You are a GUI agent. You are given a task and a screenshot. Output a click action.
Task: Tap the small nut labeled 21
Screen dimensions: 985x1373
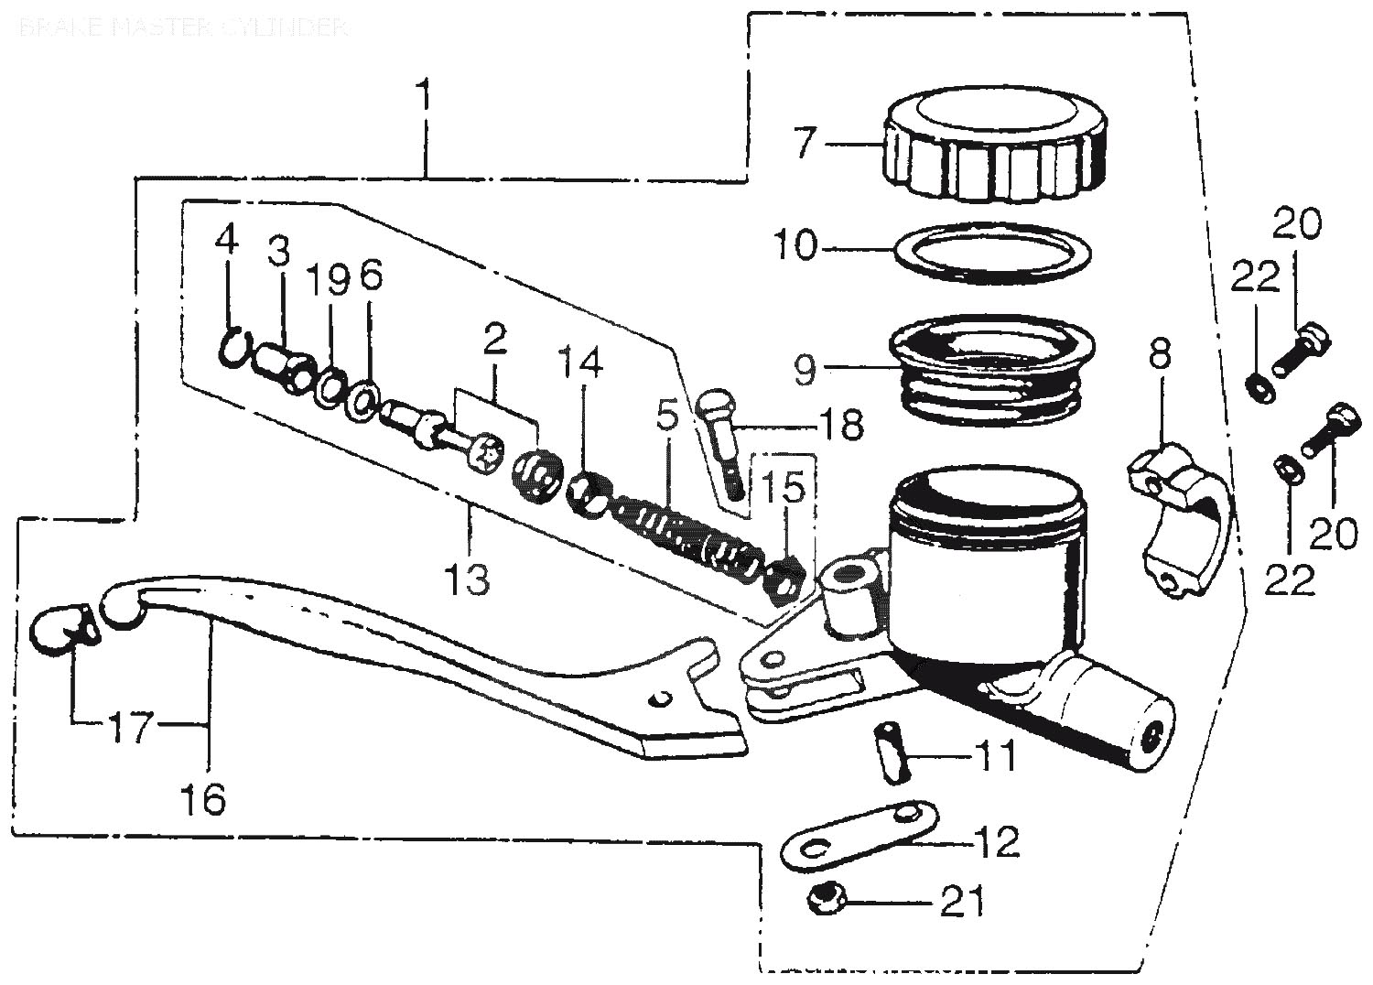click(x=827, y=902)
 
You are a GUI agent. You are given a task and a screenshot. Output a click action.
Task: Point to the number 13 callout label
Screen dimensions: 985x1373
click(x=468, y=579)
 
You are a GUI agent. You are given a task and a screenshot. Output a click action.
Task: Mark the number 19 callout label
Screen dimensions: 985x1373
click(x=327, y=282)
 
